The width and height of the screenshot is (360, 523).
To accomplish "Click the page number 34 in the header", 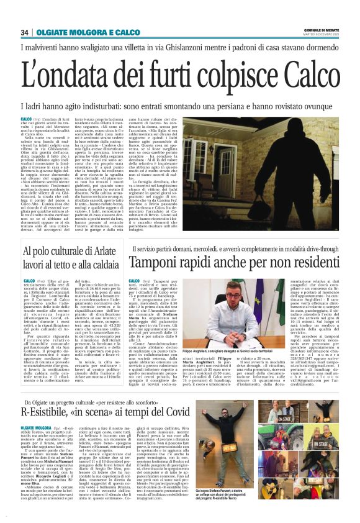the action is click(x=25, y=32).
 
